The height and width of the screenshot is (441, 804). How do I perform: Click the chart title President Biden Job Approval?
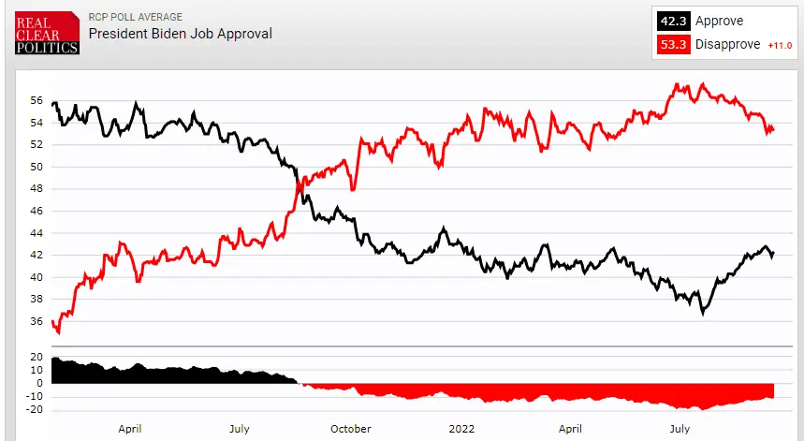tap(180, 34)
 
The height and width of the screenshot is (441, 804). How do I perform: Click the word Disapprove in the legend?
tap(726, 43)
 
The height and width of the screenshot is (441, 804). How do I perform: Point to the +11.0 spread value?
tap(779, 44)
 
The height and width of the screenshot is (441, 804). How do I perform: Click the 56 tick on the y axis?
tap(37, 100)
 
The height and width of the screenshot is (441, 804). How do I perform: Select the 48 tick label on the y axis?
tap(37, 188)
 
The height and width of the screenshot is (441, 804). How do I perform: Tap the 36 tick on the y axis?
tap(37, 321)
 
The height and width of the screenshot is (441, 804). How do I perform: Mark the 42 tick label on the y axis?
tap(37, 255)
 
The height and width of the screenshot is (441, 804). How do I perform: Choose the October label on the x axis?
tap(350, 429)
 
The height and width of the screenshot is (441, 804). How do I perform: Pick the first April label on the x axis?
tap(129, 429)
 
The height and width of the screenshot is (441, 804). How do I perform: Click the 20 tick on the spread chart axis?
tap(37, 357)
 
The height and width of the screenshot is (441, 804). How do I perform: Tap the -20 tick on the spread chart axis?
tap(35, 409)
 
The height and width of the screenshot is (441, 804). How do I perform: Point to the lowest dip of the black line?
tap(702, 313)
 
